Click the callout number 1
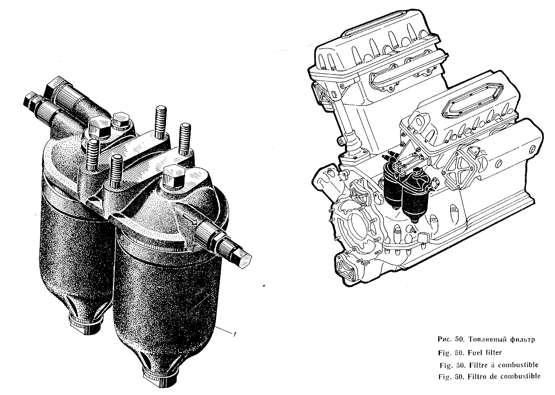tap(234, 333)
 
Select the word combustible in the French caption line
tap(519, 364)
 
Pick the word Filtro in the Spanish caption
tap(477, 376)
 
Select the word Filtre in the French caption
tap(477, 365)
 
